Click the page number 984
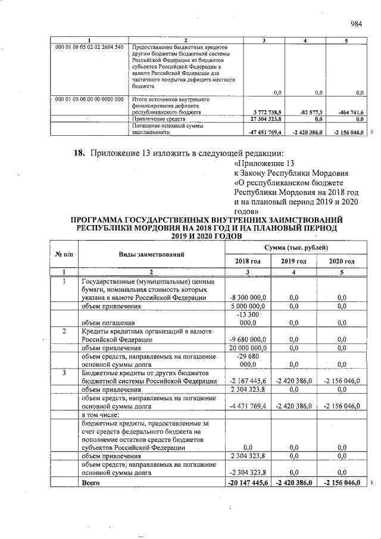tap(357, 24)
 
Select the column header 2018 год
tap(248, 261)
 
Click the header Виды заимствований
tap(151, 254)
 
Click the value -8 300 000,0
tap(248, 297)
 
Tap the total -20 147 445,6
tap(248, 482)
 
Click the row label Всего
tap(91, 482)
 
